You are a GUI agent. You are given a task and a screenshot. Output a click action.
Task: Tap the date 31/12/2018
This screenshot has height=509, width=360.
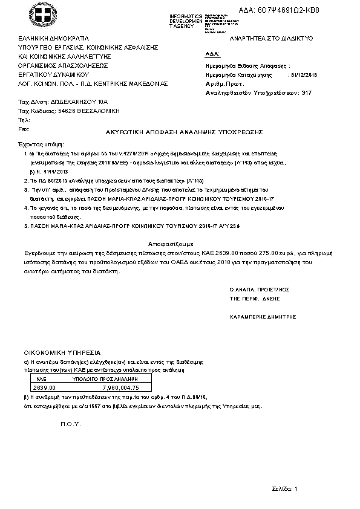(304, 75)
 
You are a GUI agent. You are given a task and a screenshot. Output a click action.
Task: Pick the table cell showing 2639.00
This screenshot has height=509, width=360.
(44, 387)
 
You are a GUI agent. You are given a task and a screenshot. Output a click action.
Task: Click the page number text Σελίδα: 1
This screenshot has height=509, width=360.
(284, 488)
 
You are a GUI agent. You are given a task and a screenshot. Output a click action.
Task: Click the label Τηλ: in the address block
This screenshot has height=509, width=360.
(24, 120)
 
